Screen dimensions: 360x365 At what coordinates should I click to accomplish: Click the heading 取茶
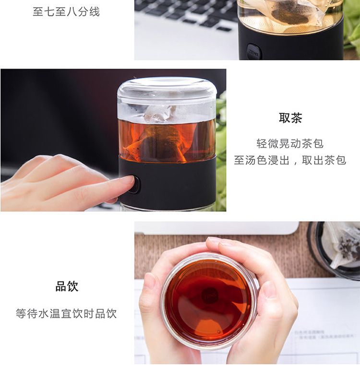(x=290, y=118)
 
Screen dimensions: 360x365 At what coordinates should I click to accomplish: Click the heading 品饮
(x=67, y=286)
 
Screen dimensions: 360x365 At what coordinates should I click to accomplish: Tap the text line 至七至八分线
(x=66, y=12)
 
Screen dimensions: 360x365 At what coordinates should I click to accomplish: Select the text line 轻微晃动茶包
(x=290, y=143)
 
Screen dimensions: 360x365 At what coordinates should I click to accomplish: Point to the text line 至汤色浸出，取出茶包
(x=290, y=160)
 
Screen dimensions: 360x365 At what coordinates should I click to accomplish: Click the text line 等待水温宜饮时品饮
(x=66, y=314)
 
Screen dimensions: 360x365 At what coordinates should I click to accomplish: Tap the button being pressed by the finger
(x=135, y=185)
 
